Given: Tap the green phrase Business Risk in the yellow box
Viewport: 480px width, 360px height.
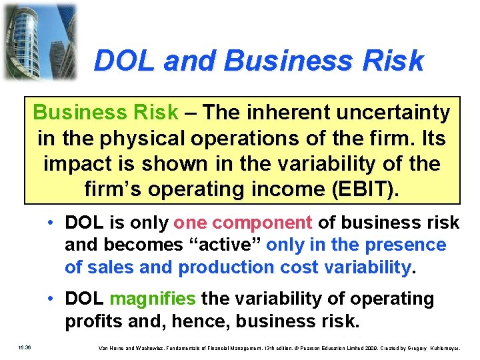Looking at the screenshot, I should tap(106, 113).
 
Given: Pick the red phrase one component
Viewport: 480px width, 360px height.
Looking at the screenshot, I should tap(243, 223).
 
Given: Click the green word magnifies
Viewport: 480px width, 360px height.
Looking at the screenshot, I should tap(153, 299).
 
